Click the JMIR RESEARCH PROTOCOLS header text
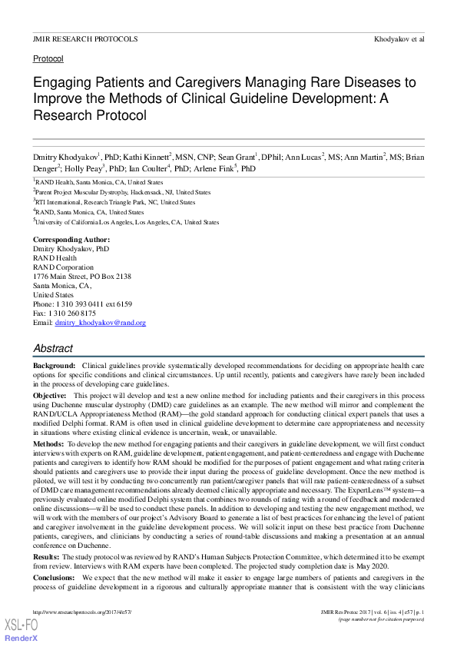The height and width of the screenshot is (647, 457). tap(85, 38)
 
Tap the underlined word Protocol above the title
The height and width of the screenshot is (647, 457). tap(48, 58)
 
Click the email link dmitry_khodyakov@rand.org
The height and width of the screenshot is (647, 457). tap(101, 323)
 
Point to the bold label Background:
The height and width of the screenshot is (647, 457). tap(54, 365)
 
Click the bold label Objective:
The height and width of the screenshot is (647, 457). tap(50, 393)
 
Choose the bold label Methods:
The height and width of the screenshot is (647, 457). tap(48, 444)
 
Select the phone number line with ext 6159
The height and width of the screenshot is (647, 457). tap(82, 304)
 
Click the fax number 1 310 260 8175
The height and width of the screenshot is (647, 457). tap(65, 314)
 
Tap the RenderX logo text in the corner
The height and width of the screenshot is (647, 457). tap(21, 639)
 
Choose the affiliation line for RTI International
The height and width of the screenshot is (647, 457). tap(115, 202)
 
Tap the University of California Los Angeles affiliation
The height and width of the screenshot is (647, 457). tap(127, 222)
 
